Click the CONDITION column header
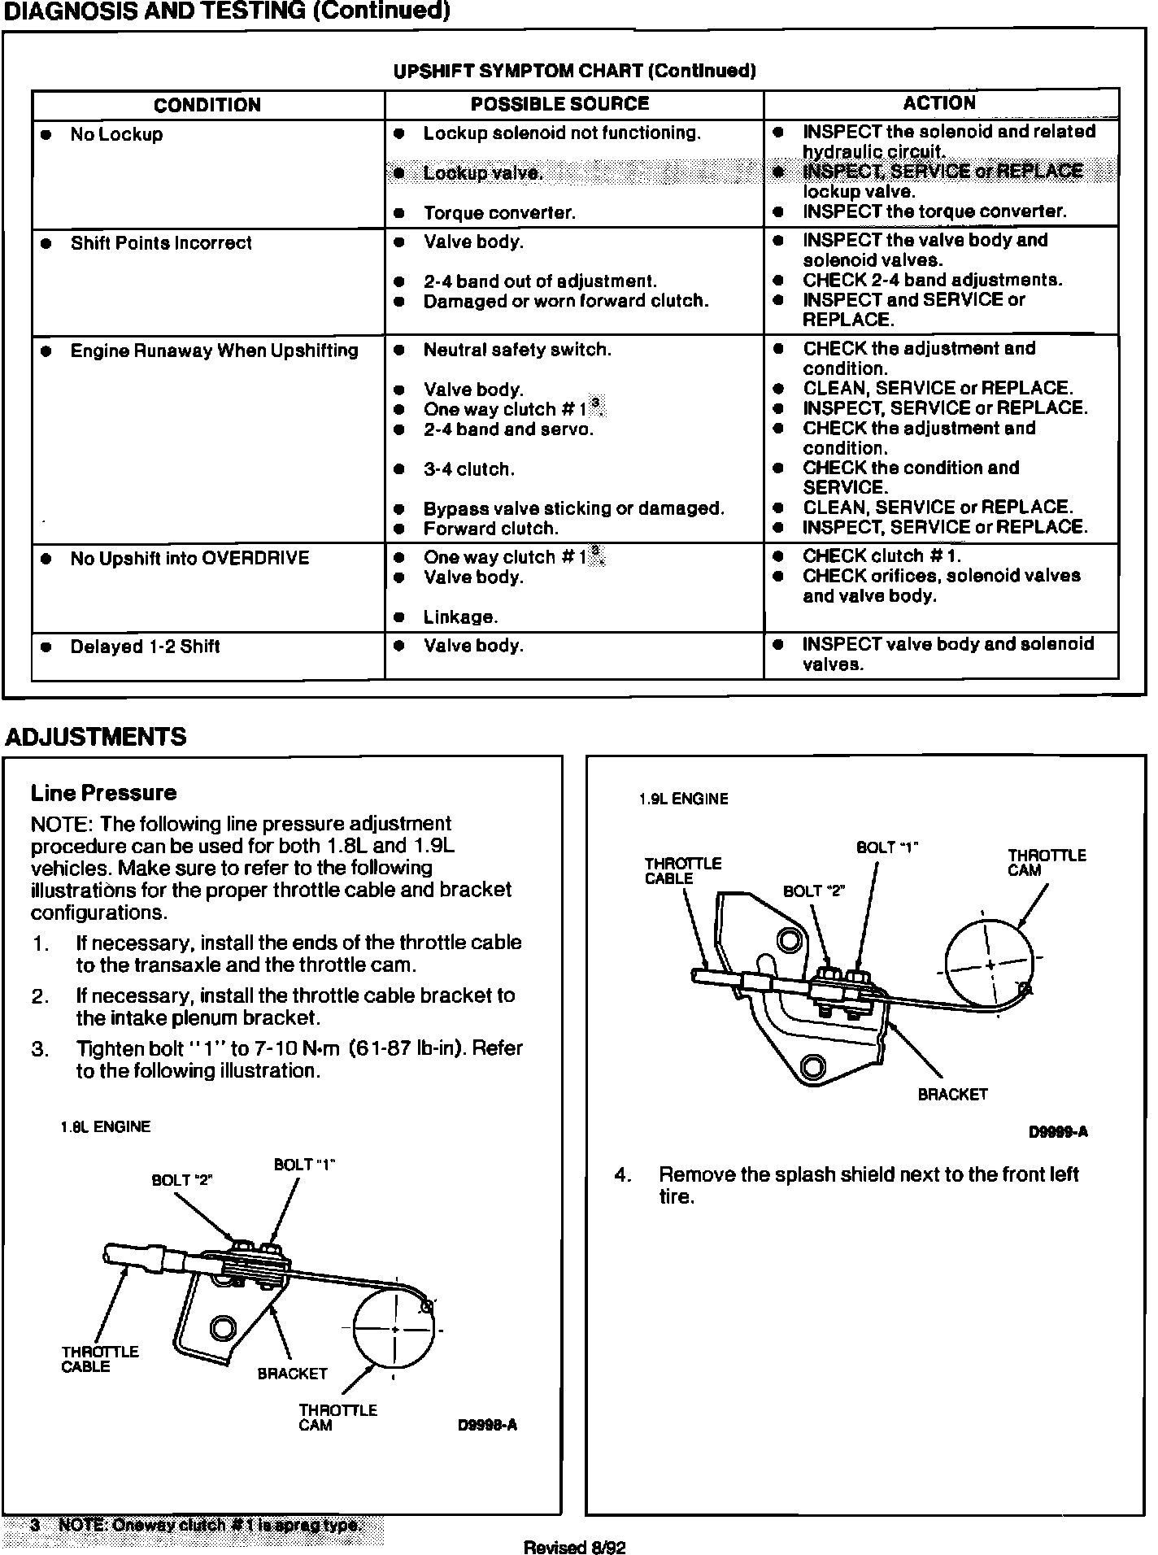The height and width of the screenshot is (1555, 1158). pyautogui.click(x=207, y=106)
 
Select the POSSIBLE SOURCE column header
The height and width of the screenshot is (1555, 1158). pyautogui.click(x=559, y=104)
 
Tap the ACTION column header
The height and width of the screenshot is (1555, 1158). pyautogui.click(x=939, y=103)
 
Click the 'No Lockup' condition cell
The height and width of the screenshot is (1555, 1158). pyautogui.click(x=116, y=135)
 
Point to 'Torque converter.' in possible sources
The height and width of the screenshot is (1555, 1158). pyautogui.click(x=498, y=213)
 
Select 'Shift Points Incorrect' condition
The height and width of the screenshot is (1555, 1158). pyautogui.click(x=161, y=243)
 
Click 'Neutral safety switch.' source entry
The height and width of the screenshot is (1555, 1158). pyautogui.click(x=517, y=351)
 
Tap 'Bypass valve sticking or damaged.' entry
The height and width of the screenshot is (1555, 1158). pyautogui.click(x=573, y=509)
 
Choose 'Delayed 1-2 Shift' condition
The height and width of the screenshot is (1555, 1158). pyautogui.click(x=145, y=647)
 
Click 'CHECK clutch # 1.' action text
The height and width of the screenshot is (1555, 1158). pyautogui.click(x=882, y=556)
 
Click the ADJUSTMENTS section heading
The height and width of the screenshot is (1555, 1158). pyautogui.click(x=96, y=737)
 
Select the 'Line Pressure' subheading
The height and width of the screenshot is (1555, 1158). pyautogui.click(x=103, y=793)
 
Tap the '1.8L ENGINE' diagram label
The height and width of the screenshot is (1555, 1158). pyautogui.click(x=106, y=1127)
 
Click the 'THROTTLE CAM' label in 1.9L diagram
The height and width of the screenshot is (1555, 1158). pyautogui.click(x=1047, y=862)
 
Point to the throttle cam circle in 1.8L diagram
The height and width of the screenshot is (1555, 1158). pyautogui.click(x=394, y=1329)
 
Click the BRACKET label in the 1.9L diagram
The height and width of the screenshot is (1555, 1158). pyautogui.click(x=952, y=1095)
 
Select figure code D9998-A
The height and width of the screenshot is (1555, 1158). pyautogui.click(x=487, y=1425)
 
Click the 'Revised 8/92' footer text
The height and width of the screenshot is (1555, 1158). pyautogui.click(x=575, y=1546)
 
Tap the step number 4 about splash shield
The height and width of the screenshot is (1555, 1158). pyautogui.click(x=622, y=1175)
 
